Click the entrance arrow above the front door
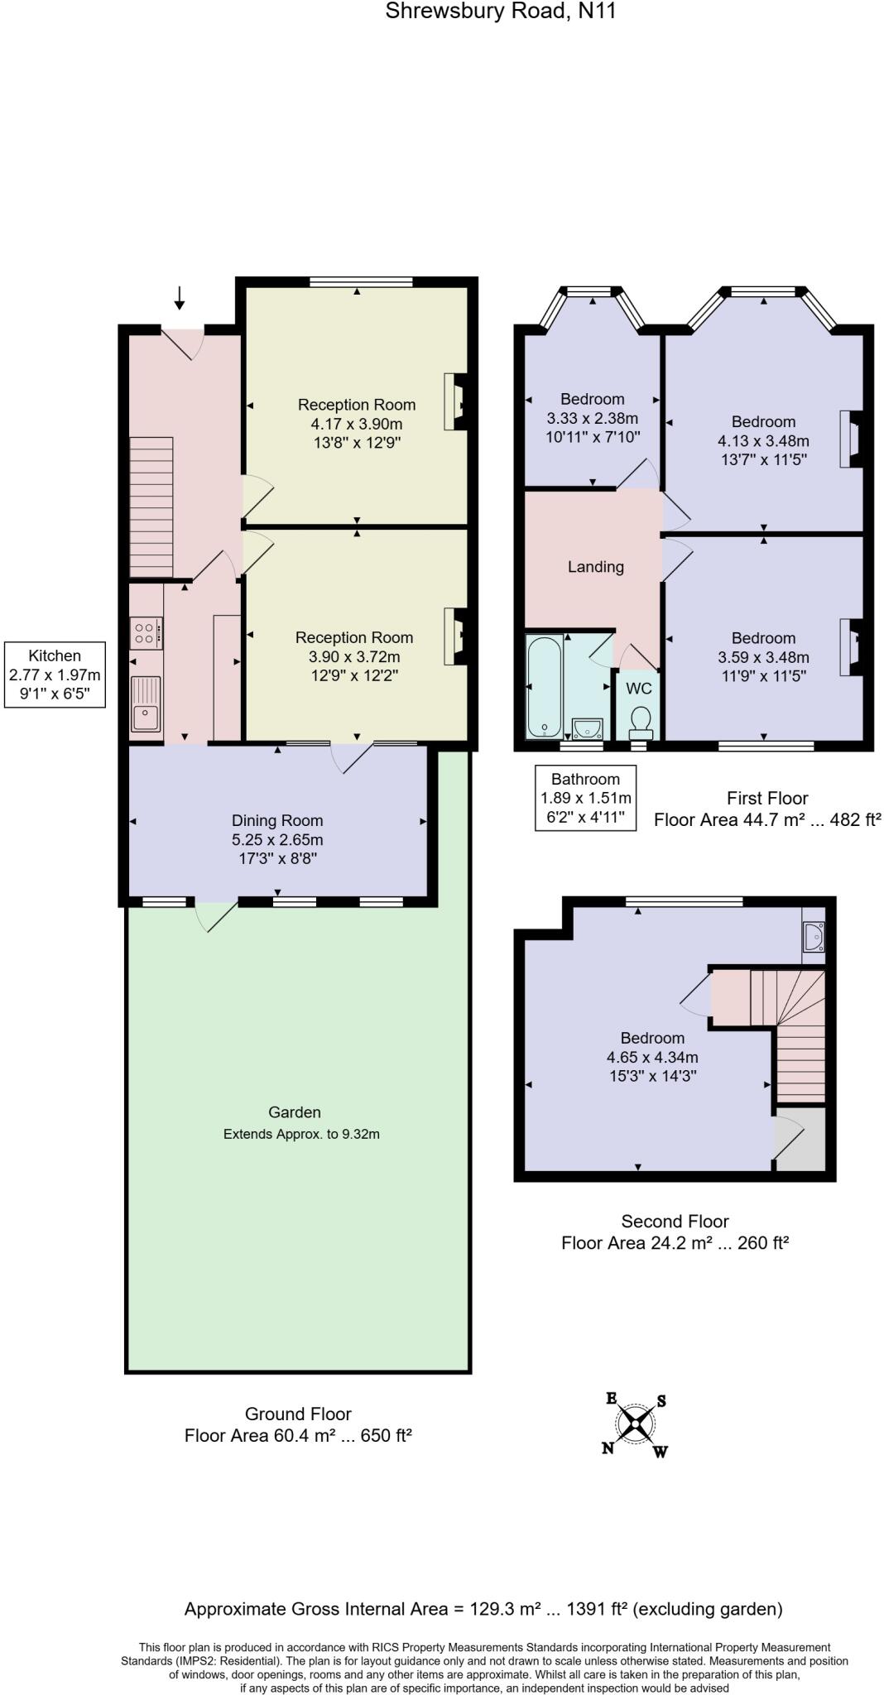point(180,298)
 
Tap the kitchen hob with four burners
point(147,633)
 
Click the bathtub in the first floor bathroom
point(545,687)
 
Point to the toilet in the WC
point(641,723)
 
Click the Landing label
point(595,567)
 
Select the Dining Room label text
point(277,820)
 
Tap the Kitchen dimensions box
point(55,675)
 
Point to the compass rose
point(635,1424)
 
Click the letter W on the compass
point(660,1452)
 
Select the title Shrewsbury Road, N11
point(500,12)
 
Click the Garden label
point(294,1112)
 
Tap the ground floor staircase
point(151,507)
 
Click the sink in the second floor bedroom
point(813,937)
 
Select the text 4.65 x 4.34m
point(652,1057)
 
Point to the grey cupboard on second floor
point(801,1140)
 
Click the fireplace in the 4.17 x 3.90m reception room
point(456,401)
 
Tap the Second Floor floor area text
point(675,1242)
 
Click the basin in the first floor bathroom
point(586,727)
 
